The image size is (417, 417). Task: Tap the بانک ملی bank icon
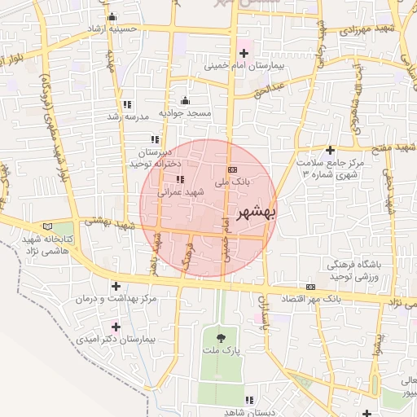point(233,169)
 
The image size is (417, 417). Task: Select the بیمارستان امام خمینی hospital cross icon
point(243,53)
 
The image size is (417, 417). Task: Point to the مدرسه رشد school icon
point(127,104)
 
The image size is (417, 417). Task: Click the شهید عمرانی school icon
point(180,180)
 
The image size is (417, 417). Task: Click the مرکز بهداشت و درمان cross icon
point(116,287)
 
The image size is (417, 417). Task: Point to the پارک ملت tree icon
point(222,337)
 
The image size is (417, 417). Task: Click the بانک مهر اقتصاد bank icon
point(310,288)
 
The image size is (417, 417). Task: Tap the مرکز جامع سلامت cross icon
point(330,150)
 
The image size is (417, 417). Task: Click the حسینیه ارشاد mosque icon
point(112,17)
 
